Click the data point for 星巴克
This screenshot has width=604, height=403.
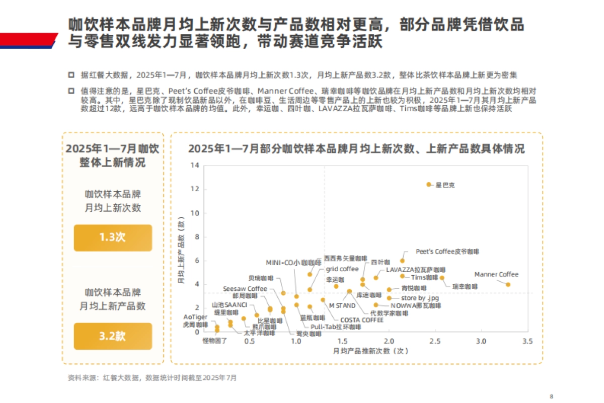coord(429,185)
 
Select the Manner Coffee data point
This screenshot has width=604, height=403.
coord(508,284)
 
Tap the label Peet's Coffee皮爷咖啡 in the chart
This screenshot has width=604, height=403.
coord(447,251)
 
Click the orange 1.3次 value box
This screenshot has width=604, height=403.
coord(113,237)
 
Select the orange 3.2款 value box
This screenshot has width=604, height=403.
coord(113,336)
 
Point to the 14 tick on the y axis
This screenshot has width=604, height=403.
coord(194,166)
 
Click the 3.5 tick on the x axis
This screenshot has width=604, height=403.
coord(527,341)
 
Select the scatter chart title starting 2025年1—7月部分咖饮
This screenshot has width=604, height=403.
coord(356,149)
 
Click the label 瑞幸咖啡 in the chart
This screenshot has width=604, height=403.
coord(464,286)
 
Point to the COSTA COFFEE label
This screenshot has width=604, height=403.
coord(362,319)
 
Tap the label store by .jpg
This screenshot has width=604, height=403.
coord(420,298)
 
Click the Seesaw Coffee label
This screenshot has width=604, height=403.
coord(245,289)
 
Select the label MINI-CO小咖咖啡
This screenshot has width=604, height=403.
coord(293,263)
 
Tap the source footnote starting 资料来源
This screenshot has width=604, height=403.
coord(152,377)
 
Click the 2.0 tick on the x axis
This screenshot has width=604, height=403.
coord(389,341)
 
